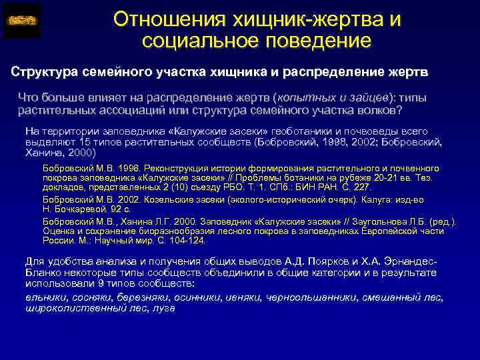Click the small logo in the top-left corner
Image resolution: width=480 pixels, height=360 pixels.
coord(22,20)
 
